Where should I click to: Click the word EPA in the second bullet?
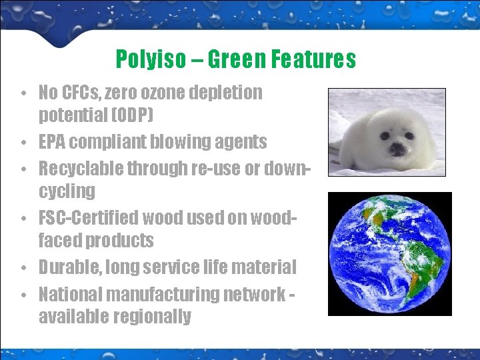click(52, 141)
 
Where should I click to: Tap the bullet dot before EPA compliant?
click(23, 143)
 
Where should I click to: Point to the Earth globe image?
click(389, 253)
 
